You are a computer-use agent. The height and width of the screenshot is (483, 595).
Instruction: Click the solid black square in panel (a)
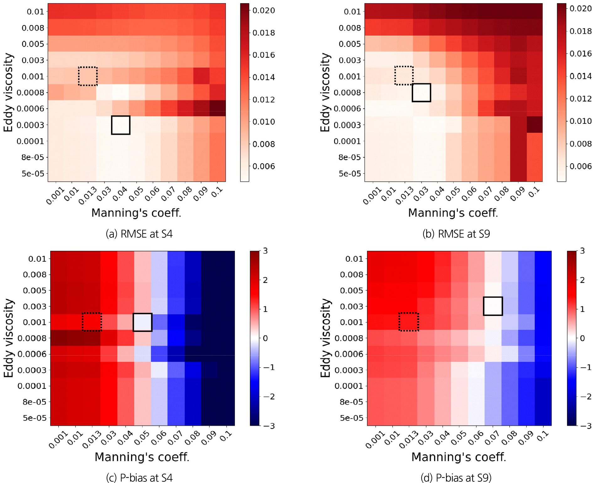(121, 125)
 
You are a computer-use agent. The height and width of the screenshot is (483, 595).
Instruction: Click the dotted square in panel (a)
(88, 76)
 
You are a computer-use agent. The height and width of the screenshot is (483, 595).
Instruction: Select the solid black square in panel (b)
(421, 93)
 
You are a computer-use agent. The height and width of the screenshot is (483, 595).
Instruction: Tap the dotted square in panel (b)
(404, 76)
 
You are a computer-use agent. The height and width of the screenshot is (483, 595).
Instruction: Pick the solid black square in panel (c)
(142, 322)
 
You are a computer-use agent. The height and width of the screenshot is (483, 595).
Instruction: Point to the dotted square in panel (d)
(409, 322)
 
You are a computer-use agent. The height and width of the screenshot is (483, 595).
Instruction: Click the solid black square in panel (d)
(493, 306)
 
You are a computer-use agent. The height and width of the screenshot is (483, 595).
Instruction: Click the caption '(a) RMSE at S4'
(139, 234)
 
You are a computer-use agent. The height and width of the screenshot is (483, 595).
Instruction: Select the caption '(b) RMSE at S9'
(456, 234)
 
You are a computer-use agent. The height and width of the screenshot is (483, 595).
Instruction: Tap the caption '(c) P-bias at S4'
(139, 478)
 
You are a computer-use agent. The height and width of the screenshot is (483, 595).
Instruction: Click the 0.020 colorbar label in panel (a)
(264, 11)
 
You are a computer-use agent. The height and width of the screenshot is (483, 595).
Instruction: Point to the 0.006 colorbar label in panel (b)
(581, 166)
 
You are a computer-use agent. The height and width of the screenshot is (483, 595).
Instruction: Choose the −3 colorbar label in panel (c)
(269, 426)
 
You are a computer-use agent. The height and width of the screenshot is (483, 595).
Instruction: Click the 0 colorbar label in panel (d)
(582, 338)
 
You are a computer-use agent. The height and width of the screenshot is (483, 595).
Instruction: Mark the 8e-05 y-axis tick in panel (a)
(33, 157)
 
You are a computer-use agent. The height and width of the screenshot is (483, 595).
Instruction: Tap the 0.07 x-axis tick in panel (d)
(492, 438)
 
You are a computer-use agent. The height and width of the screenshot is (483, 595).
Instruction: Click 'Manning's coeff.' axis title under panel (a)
(136, 213)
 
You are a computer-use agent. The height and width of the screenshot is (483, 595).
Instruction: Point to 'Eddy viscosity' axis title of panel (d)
(325, 338)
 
